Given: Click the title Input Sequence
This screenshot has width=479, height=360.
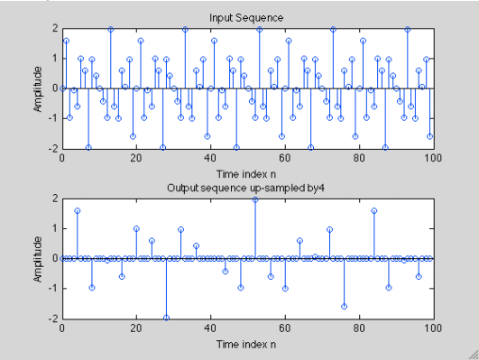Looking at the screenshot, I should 246,18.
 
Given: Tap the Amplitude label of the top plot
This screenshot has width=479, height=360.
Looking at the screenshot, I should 38,88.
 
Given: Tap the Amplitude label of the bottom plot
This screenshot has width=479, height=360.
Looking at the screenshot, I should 38,258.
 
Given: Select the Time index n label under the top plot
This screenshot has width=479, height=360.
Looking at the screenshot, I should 246,173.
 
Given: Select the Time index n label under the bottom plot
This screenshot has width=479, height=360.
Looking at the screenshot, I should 246,344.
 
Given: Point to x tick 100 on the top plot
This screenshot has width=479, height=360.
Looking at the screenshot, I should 433,158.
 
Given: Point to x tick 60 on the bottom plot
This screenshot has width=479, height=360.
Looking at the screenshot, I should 285,328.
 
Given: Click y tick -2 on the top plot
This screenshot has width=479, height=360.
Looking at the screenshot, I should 52,148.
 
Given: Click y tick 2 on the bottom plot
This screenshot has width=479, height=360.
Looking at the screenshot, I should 54,198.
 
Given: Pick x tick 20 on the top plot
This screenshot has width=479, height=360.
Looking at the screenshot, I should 136,158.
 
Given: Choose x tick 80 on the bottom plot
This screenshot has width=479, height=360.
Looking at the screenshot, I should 359,328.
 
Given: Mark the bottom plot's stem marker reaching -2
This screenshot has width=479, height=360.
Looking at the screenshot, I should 166,318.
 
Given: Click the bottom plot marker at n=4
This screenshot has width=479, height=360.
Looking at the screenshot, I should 77,211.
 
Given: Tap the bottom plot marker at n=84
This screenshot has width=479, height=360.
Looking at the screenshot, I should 373,211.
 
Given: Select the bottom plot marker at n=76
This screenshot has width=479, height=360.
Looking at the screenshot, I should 344,307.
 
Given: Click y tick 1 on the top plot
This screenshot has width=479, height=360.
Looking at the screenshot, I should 54,59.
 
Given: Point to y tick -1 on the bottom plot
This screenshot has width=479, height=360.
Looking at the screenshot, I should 52,288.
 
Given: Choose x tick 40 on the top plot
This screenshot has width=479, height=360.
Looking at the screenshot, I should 210,158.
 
